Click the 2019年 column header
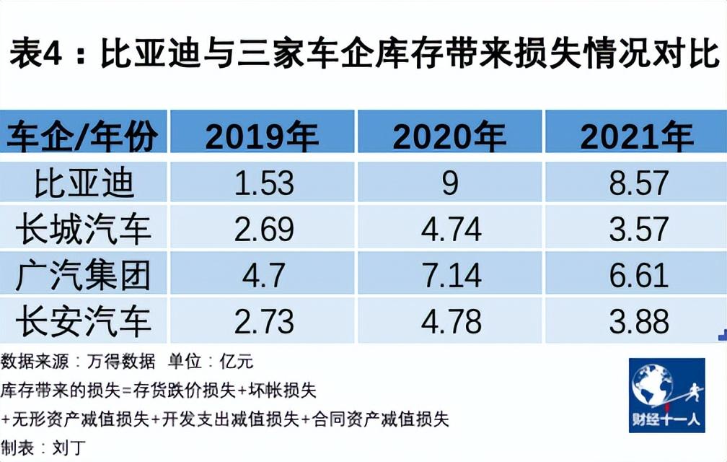point(262,136)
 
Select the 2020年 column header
point(449,136)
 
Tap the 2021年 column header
point(637,136)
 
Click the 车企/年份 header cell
point(82,136)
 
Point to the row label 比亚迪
point(84,183)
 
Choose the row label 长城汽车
point(84,229)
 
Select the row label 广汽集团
point(84,275)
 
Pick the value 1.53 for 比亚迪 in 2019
point(264,183)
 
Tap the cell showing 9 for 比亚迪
point(450,183)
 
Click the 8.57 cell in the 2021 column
point(639,183)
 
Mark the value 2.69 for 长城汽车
point(264,229)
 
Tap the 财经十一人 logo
point(667,395)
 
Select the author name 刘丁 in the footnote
point(69,448)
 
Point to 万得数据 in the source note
point(121,362)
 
